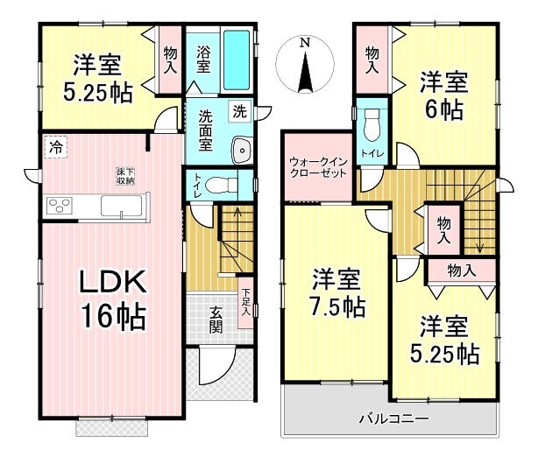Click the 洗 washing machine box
[238, 111]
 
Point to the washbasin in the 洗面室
[241, 151]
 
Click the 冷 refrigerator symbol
[55, 147]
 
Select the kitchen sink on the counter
[119, 207]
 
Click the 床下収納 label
[124, 175]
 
